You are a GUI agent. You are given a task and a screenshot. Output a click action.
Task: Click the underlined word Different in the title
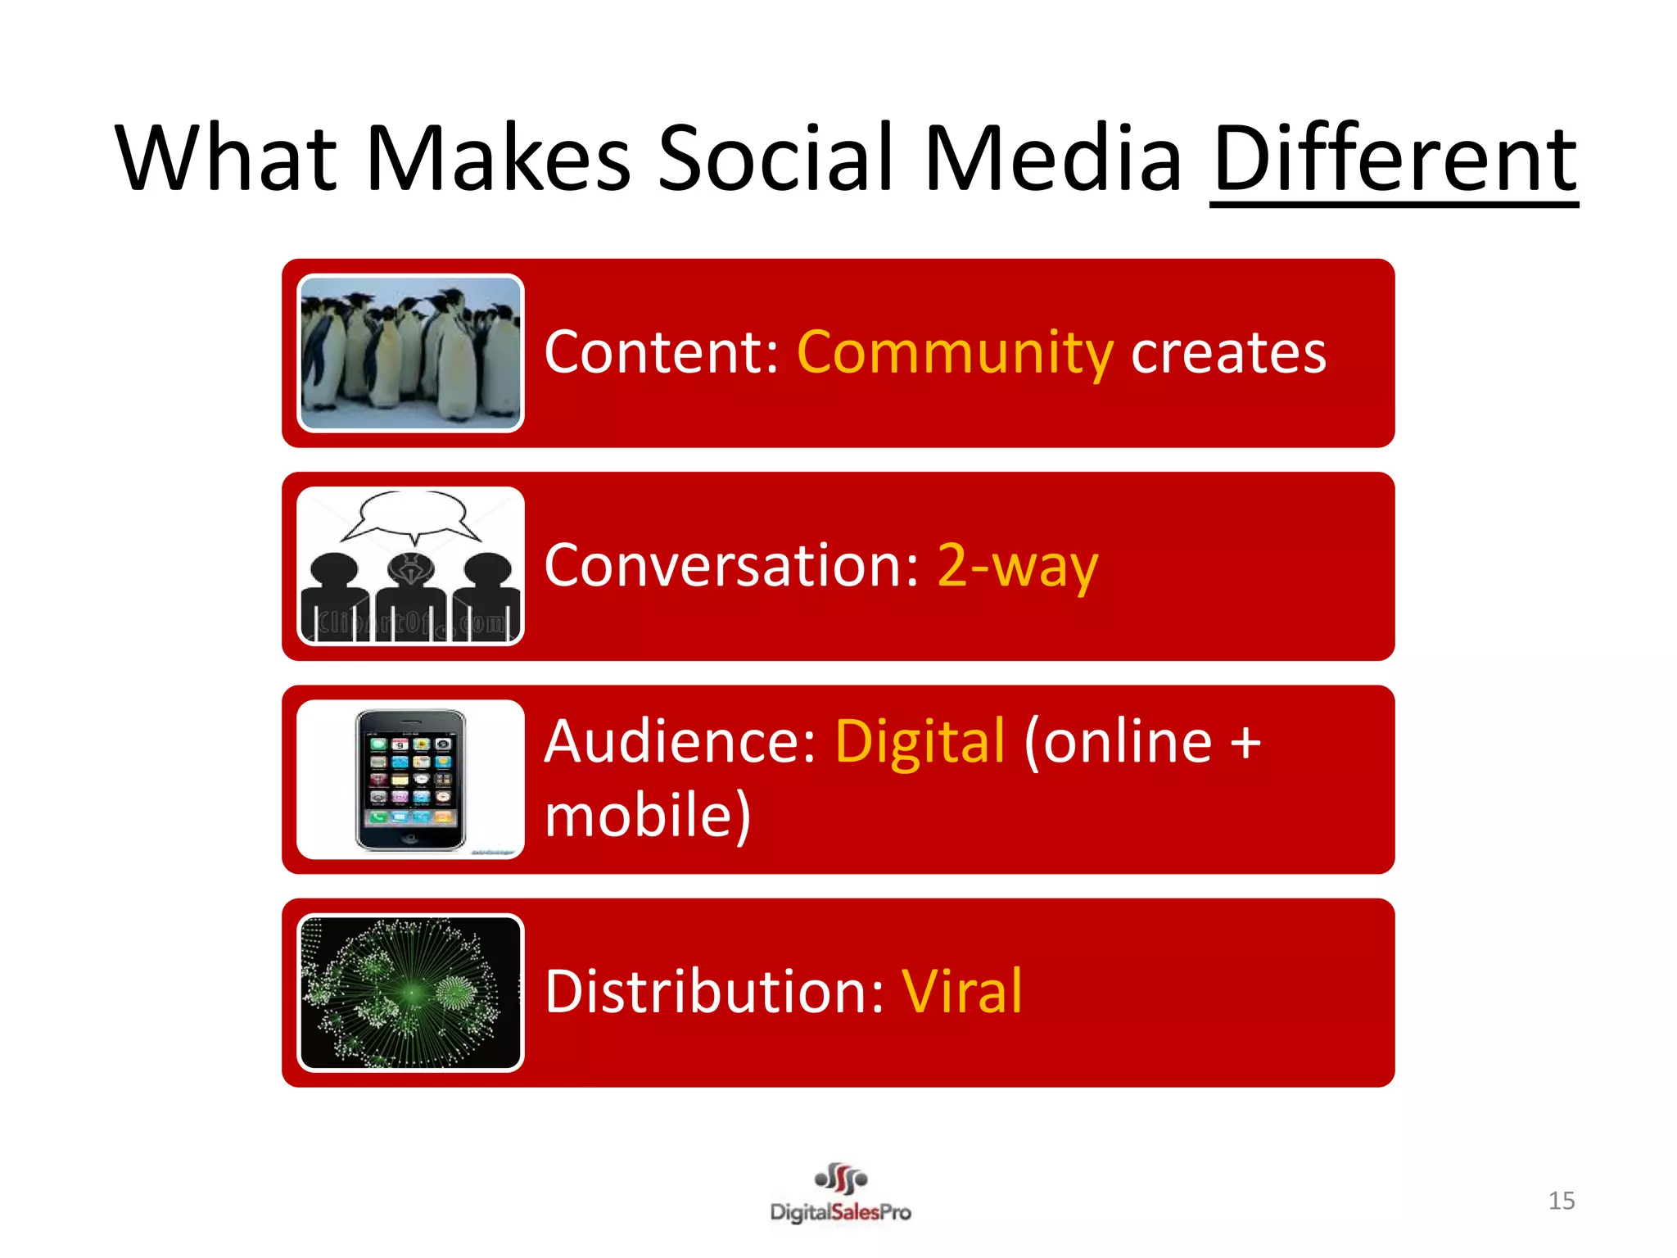tap(1394, 158)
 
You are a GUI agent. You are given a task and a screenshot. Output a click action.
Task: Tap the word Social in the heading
tap(775, 158)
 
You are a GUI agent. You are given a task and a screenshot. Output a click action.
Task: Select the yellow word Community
tap(955, 353)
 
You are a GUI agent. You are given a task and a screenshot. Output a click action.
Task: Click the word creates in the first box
tap(1227, 353)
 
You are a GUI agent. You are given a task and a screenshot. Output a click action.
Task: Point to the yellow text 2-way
tap(1016, 566)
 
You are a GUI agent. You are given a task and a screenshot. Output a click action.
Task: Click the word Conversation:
tap(732, 566)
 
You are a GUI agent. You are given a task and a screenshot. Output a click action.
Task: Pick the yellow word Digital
tap(920, 741)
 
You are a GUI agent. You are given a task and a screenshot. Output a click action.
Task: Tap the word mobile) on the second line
tap(648, 815)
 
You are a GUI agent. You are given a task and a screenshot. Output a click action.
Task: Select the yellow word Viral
tap(962, 992)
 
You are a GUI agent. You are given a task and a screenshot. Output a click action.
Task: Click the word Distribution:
tap(715, 992)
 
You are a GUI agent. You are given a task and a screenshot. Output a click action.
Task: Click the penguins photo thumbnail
tap(410, 353)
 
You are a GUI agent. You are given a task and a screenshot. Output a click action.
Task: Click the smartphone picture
tap(410, 780)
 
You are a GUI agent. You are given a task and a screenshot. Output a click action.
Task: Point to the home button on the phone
tap(410, 839)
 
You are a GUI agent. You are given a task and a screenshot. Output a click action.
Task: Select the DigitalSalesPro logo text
tap(840, 1212)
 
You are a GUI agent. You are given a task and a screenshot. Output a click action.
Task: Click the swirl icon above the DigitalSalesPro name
tap(841, 1179)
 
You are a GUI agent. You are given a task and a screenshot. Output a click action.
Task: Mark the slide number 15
tap(1561, 1201)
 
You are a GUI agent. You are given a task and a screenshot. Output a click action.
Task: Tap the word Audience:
tap(680, 741)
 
